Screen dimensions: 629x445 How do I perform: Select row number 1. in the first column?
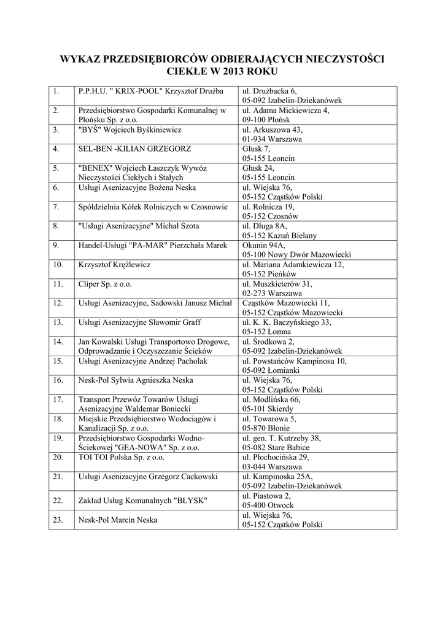(56, 92)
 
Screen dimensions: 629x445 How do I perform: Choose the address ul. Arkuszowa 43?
(273, 130)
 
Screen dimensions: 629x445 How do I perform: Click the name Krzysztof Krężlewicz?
(115, 265)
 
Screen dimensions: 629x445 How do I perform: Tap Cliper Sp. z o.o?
(105, 284)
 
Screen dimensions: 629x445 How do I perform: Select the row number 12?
(58, 303)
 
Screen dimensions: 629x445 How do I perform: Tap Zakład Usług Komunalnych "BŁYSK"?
(143, 501)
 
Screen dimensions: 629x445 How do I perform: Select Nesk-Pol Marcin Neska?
(118, 520)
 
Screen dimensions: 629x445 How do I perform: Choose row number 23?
(58, 520)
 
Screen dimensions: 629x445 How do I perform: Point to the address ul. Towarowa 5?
(269, 419)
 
